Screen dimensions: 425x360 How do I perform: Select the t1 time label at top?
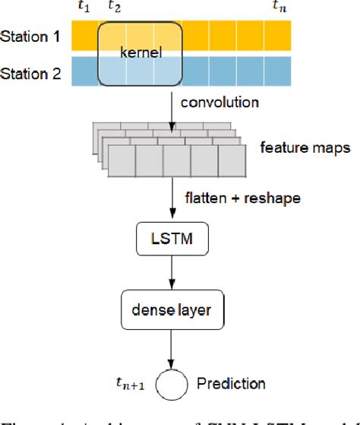(x=83, y=8)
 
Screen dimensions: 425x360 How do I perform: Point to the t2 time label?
(x=114, y=8)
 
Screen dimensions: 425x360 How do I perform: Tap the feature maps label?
(x=304, y=147)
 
